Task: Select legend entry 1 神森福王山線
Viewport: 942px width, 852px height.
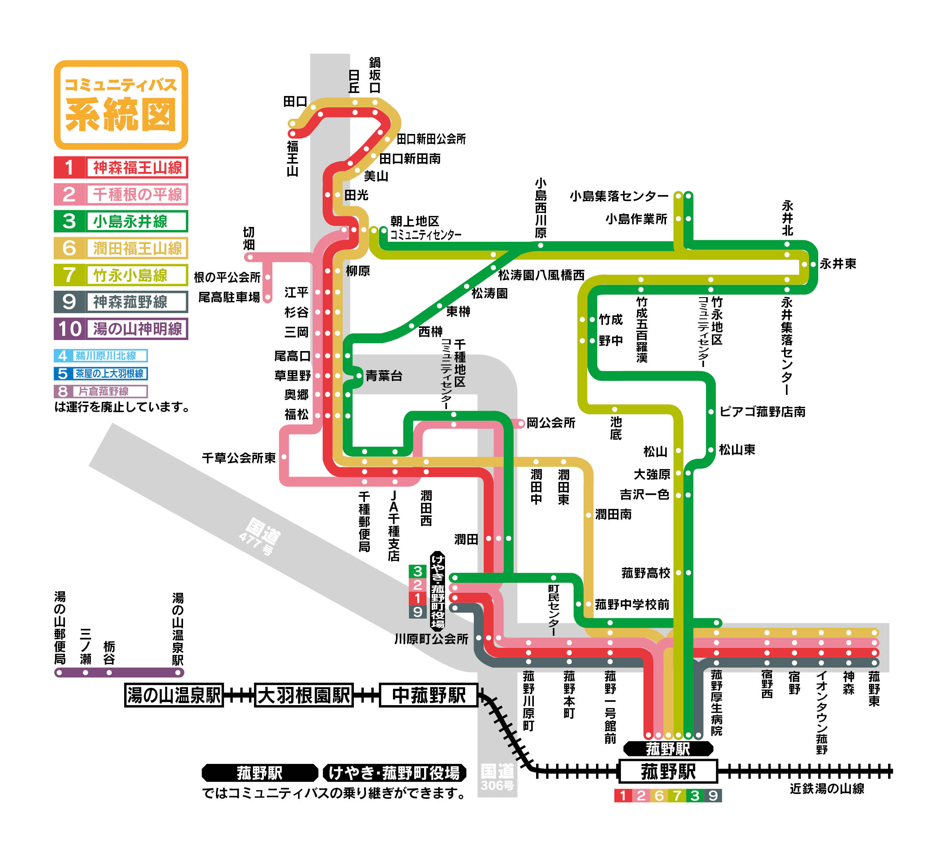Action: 121,167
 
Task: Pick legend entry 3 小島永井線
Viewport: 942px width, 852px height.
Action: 121,221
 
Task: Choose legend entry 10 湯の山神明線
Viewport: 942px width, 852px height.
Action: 121,328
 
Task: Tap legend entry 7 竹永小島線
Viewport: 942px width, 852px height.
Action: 121,275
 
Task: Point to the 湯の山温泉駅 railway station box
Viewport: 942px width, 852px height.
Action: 174,695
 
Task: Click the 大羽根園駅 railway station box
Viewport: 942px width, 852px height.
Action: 303,695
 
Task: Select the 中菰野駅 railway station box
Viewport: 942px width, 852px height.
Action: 429,695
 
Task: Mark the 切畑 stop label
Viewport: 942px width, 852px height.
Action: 249,238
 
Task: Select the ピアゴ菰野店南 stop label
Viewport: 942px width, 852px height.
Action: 762,411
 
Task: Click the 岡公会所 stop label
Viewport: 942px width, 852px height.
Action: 551,423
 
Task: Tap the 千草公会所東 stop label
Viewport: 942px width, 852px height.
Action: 238,458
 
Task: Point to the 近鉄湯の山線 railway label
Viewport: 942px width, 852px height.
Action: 827,789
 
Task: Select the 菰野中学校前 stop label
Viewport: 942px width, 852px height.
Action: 632,605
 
